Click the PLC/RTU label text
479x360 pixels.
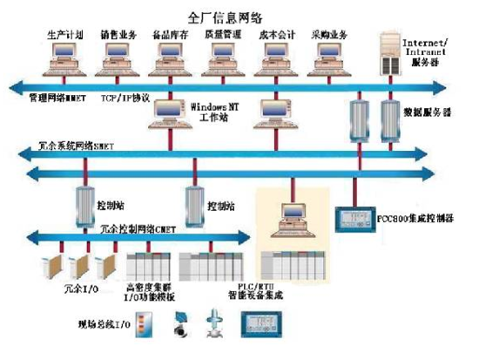coord(291,288)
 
